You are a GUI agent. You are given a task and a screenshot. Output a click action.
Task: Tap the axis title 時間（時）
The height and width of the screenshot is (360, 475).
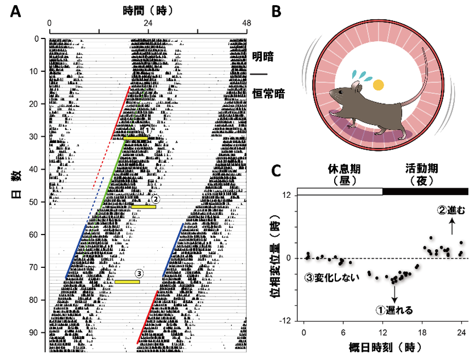[x=148, y=11]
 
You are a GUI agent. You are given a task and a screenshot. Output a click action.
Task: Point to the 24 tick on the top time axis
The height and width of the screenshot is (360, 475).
[x=148, y=23]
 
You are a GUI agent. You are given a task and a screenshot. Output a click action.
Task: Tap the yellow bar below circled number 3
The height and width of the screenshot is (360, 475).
[x=127, y=281]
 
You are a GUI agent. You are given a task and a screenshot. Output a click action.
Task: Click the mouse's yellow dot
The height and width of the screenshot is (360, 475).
[x=378, y=85]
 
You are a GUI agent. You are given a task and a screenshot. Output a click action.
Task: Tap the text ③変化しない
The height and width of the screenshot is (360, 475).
[x=333, y=277]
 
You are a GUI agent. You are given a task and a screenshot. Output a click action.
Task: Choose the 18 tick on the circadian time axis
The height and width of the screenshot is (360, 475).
[x=421, y=331]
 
